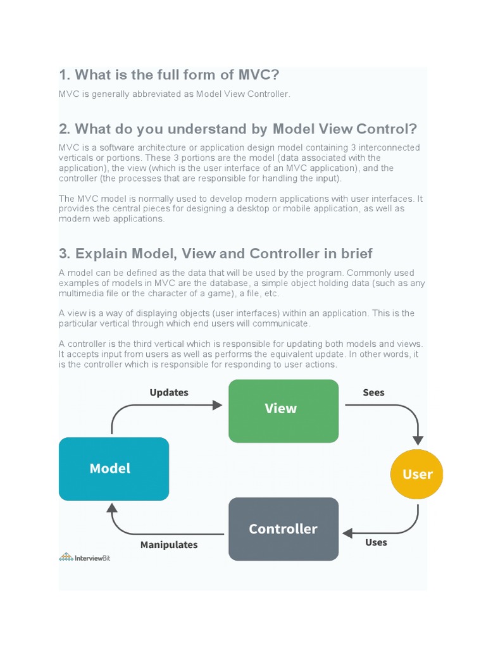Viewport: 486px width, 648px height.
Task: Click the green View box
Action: pos(283,410)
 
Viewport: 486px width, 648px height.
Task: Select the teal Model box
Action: pos(114,468)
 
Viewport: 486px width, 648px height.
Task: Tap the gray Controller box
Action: pos(283,529)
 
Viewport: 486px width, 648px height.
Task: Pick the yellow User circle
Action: pos(416,474)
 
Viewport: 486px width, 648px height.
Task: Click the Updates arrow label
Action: pos(169,392)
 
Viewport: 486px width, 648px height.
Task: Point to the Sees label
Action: pos(373,392)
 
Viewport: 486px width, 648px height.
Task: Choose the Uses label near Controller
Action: pos(376,542)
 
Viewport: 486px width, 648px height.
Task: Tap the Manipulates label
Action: pos(169,545)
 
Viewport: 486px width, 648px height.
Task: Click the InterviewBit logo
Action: pos(85,557)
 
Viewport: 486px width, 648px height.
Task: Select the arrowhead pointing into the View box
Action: pos(218,405)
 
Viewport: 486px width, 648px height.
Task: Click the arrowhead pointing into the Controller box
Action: pos(347,533)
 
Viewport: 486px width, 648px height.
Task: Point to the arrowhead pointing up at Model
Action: pos(112,508)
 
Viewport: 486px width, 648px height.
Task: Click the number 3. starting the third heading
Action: pos(65,254)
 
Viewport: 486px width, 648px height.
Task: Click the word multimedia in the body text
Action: pos(82,293)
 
